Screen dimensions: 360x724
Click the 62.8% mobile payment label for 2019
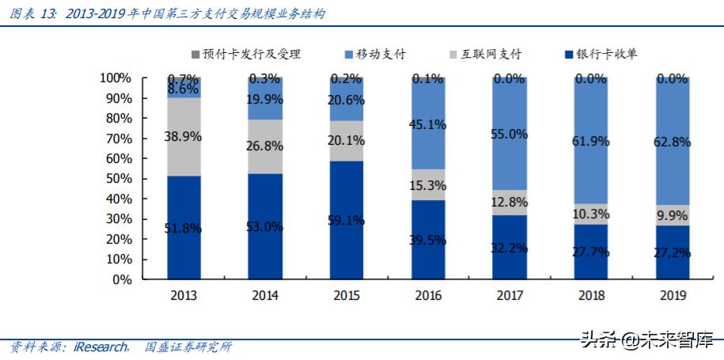tap(672, 142)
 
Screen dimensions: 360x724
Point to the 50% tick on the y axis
tap(116, 179)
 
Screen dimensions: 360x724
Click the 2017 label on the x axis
tap(509, 296)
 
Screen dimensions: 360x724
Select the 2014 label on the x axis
tap(265, 296)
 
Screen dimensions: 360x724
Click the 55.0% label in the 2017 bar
tap(509, 135)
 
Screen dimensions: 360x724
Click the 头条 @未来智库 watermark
tap(649, 341)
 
